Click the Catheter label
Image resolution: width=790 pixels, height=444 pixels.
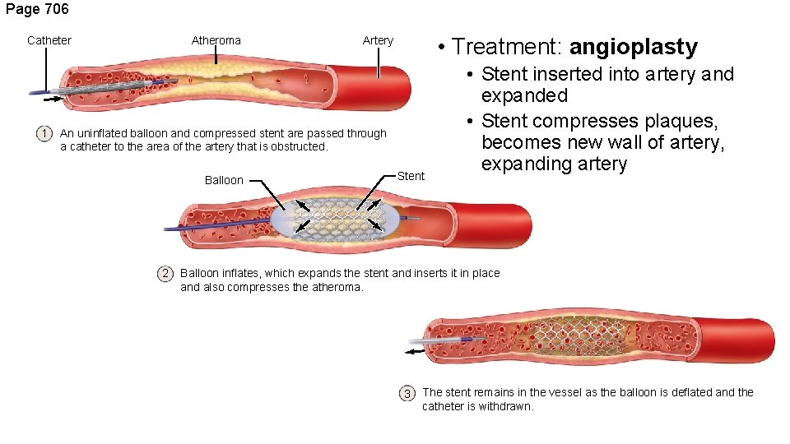[49, 40]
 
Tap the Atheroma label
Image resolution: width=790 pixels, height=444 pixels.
[216, 40]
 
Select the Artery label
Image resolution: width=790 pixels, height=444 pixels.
[378, 40]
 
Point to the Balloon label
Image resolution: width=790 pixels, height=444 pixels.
[224, 180]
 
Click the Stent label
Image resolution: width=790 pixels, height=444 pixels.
[411, 176]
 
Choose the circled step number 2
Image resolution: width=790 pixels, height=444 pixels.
[165, 274]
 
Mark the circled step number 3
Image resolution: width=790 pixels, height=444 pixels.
[407, 393]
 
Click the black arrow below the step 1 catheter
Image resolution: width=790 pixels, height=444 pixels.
[52, 99]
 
